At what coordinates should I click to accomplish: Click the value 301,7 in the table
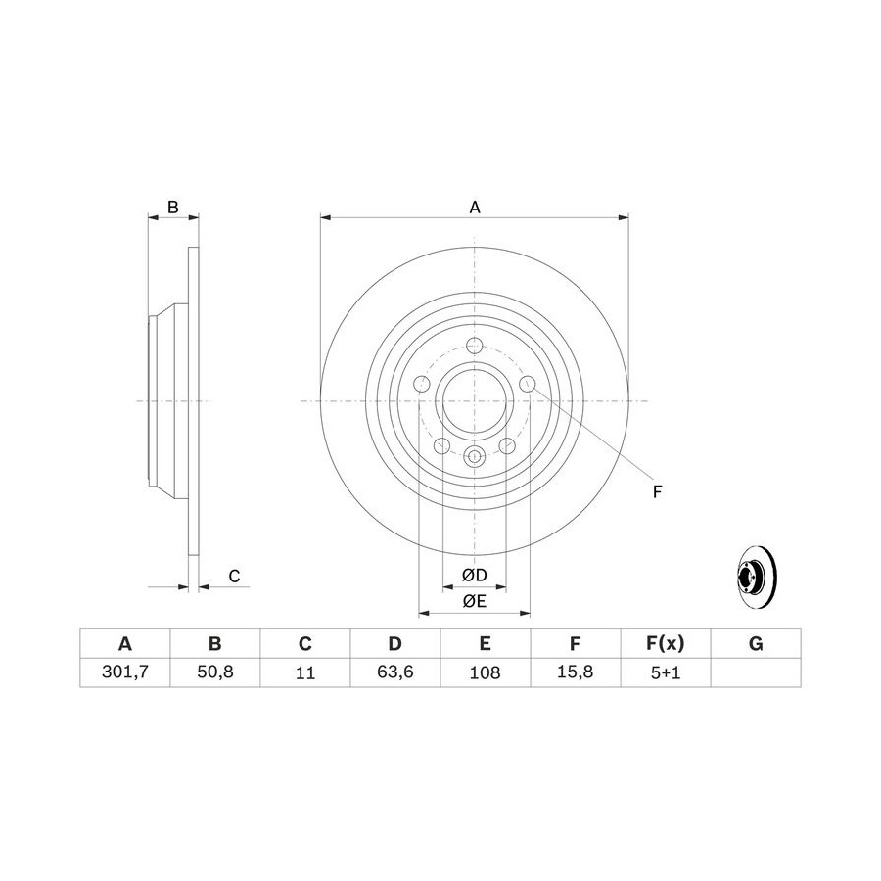pyautogui.click(x=124, y=672)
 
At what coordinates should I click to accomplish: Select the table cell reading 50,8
pyautogui.click(x=215, y=672)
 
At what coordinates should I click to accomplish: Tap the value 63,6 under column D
pyautogui.click(x=395, y=672)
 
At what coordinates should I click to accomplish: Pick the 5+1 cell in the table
pyautogui.click(x=666, y=672)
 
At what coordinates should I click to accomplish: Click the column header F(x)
pyautogui.click(x=666, y=643)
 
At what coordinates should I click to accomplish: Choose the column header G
pyautogui.click(x=756, y=643)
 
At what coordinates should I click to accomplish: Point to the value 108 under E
pyautogui.click(x=485, y=672)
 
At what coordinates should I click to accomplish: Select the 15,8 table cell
pyautogui.click(x=575, y=672)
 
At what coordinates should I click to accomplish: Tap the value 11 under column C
pyautogui.click(x=305, y=672)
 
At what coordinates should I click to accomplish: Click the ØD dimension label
pyautogui.click(x=474, y=575)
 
